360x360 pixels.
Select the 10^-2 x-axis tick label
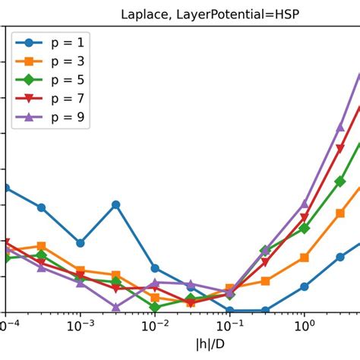click(x=155, y=327)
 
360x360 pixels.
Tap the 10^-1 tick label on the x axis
click(x=229, y=327)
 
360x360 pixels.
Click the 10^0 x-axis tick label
click(x=304, y=327)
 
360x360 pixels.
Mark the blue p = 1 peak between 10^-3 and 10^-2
click(x=116, y=204)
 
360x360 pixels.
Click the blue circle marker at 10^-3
click(x=81, y=243)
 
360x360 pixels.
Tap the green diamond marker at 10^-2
click(x=155, y=308)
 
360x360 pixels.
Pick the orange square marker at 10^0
click(x=304, y=257)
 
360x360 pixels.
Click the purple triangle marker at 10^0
click(x=304, y=204)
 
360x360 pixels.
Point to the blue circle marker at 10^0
click(x=304, y=286)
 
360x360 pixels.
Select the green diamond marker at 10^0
click(x=304, y=228)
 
